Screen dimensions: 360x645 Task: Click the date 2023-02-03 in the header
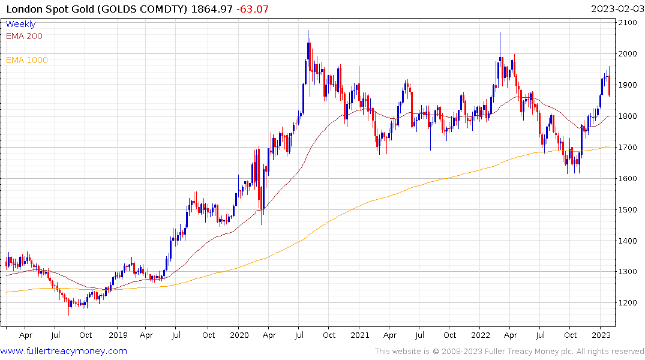[x=617, y=8]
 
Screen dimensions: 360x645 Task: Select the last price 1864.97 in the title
[x=217, y=8]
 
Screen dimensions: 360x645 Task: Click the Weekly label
[x=20, y=24]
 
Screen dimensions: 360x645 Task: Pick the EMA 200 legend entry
[x=24, y=36]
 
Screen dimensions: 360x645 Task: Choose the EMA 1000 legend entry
[x=26, y=60]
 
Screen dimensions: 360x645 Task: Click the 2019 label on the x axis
[x=118, y=335]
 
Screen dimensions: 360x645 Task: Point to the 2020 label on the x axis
[x=239, y=335]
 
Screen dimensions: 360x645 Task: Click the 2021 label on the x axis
[x=359, y=335]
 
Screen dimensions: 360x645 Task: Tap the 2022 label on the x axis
[x=480, y=335]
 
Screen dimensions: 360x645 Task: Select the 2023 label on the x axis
[x=601, y=335]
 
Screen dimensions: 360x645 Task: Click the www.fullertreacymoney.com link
[x=64, y=351]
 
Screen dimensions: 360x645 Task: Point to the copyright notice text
[x=509, y=351]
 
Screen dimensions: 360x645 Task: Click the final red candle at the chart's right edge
[x=610, y=86]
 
